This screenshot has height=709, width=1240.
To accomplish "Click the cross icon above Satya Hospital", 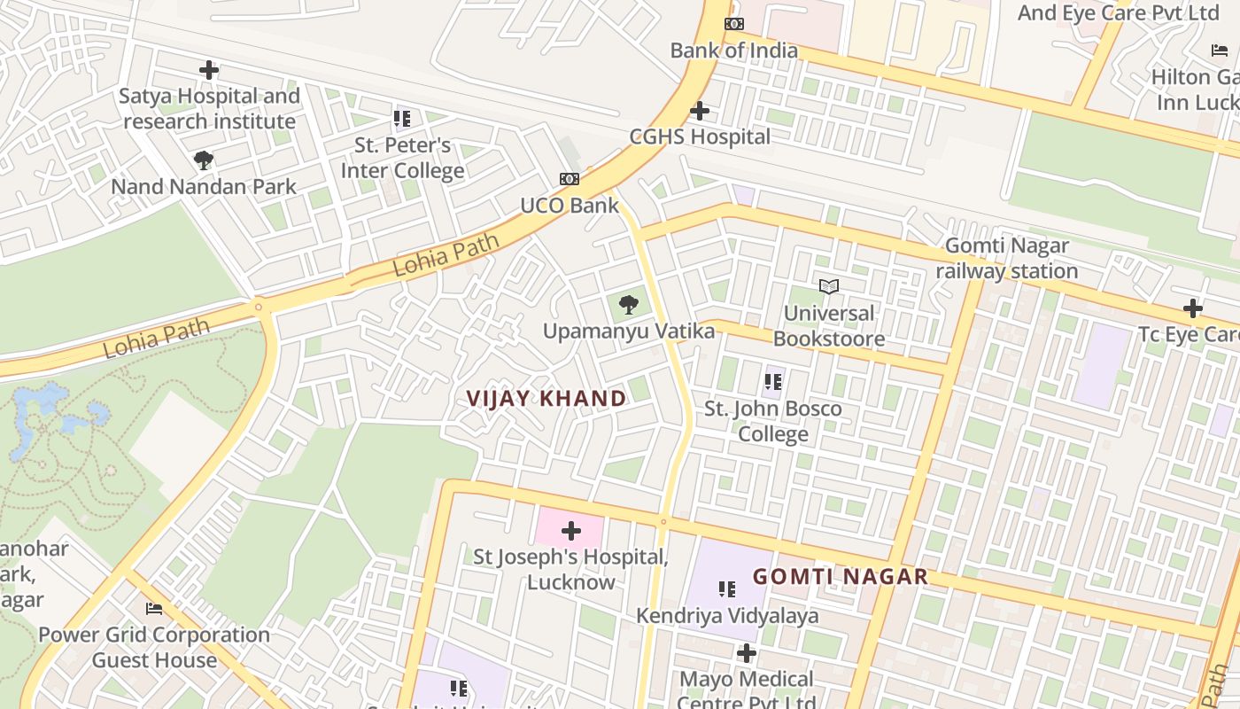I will [x=209, y=70].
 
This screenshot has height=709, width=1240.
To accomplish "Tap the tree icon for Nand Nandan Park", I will [x=204, y=160].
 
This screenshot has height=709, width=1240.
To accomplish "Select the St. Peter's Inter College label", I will [x=403, y=158].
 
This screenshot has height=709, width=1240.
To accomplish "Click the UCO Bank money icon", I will [x=570, y=179].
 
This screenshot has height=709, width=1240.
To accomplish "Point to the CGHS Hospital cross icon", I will [x=700, y=111].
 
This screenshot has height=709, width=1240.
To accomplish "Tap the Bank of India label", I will [x=733, y=51].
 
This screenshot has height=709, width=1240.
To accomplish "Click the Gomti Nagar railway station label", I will [x=1007, y=258].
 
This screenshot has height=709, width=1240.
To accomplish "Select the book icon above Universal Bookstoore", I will [x=829, y=286].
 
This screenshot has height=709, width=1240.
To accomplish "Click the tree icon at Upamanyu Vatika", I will [x=629, y=306].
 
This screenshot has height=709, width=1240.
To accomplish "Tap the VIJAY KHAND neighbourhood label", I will [x=546, y=399].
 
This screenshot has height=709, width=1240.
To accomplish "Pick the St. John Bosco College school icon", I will [x=773, y=382].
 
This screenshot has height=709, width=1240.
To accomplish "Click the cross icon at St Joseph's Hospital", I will [x=571, y=531].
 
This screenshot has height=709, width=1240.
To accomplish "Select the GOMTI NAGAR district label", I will [x=840, y=577].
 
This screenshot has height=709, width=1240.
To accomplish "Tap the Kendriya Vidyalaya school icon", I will [x=727, y=589].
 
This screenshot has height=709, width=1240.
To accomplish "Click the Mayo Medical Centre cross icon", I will [x=747, y=653].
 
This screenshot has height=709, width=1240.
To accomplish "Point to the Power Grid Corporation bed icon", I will [x=154, y=609].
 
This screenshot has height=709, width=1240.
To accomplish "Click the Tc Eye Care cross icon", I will [x=1193, y=308].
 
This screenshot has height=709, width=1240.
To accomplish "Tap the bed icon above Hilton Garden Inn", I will [x=1220, y=51].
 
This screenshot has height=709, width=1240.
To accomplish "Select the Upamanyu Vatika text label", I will [x=628, y=331].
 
